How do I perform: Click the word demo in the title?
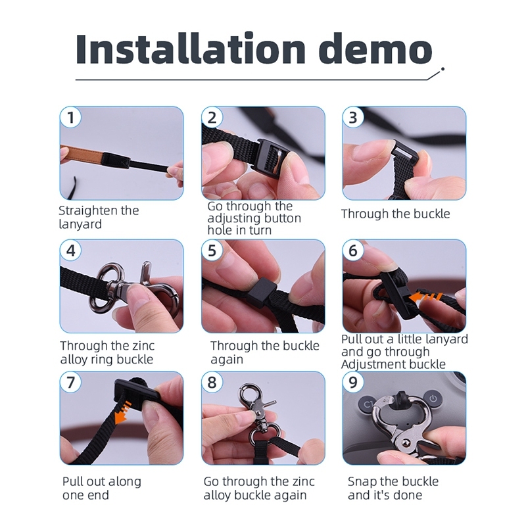click(375, 48)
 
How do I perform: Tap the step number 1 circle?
click(71, 118)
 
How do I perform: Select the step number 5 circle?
click(212, 251)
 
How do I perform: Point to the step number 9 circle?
click(353, 382)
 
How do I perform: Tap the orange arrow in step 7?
click(121, 412)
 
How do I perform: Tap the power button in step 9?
click(433, 398)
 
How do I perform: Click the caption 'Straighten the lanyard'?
click(99, 217)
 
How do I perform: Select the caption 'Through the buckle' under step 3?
click(396, 214)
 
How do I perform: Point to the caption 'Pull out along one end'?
click(102, 488)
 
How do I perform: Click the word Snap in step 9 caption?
click(362, 482)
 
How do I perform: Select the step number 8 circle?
click(212, 382)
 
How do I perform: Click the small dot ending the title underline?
click(442, 69)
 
